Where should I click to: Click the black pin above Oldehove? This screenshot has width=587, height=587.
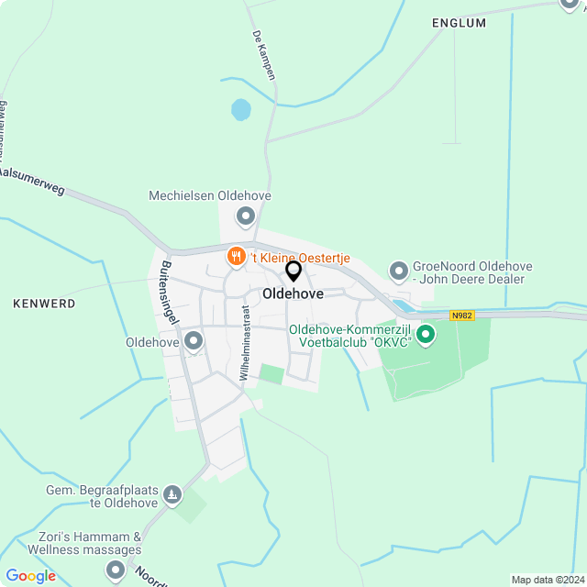[293, 271]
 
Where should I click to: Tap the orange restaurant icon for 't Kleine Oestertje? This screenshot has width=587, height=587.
[237, 258]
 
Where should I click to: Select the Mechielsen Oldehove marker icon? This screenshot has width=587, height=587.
[246, 217]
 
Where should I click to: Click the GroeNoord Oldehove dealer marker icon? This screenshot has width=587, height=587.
[399, 271]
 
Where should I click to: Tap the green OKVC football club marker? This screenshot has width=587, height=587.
[426, 335]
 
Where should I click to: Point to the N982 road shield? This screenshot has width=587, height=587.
[462, 316]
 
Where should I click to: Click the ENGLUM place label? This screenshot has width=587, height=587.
[459, 23]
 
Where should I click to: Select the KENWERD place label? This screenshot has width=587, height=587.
[44, 302]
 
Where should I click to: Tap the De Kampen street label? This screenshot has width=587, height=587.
[264, 55]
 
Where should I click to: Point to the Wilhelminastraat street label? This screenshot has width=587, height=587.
[245, 342]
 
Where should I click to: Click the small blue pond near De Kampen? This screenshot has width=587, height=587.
[240, 110]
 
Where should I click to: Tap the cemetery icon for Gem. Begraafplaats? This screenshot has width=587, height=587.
[172, 497]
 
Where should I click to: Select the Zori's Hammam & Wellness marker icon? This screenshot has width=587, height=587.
[116, 570]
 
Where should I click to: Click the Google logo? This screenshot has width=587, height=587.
[30, 576]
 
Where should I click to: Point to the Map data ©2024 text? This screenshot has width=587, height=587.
[548, 580]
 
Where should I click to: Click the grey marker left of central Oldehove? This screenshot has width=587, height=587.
[194, 342]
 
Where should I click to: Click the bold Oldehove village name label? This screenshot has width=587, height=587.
[292, 293]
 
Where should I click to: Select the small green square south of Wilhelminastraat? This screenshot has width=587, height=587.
[271, 374]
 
